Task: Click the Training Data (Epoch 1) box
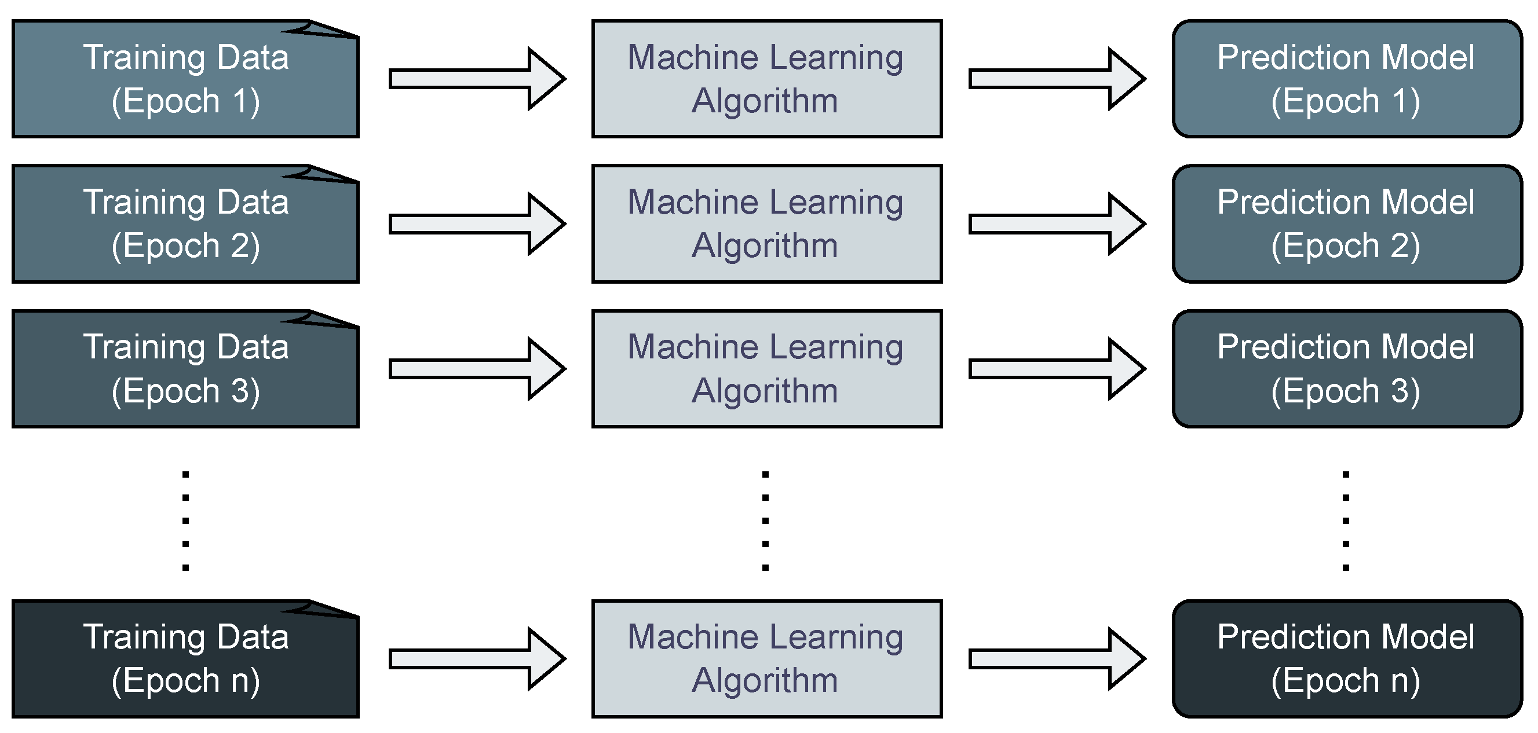(185, 79)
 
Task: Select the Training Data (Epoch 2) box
(185, 224)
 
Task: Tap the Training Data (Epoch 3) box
(185, 369)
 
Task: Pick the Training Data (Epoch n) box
(185, 659)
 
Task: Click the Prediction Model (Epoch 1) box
(1347, 79)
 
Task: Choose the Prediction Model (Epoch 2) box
(1347, 224)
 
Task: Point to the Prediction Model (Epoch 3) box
(1347, 369)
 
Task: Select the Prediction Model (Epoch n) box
(1347, 659)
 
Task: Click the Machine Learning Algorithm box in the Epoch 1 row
(766, 79)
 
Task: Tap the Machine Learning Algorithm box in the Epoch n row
(766, 659)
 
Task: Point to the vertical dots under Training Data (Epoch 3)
(186, 521)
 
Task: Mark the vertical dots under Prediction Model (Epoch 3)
(1346, 521)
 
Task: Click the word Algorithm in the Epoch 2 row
(765, 246)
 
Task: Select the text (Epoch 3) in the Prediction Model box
(1346, 391)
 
